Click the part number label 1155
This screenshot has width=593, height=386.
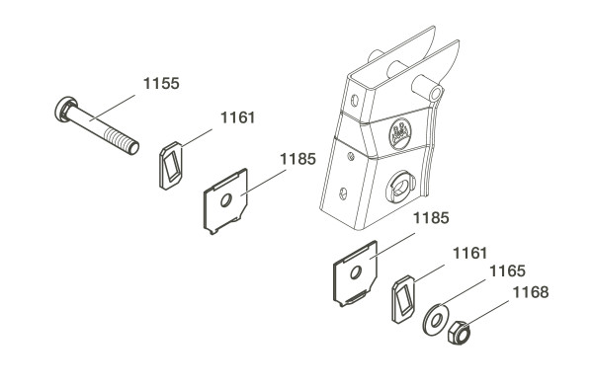point(161,84)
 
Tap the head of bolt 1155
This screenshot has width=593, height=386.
point(65,109)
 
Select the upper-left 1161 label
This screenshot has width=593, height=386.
point(237,117)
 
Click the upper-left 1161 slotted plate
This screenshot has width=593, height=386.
point(171,166)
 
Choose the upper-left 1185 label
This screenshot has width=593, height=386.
point(297,159)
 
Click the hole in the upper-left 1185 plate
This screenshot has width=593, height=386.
point(226,200)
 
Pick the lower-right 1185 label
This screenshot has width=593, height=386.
point(431,218)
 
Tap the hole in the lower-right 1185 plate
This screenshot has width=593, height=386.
point(356,271)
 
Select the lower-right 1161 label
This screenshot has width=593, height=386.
point(470,253)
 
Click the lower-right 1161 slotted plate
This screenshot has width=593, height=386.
point(403,299)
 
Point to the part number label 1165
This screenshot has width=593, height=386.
point(507,271)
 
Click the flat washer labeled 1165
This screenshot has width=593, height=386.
point(436,320)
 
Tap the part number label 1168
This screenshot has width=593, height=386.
point(530,292)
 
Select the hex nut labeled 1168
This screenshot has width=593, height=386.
point(460,333)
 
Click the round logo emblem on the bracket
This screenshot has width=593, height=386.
point(400,133)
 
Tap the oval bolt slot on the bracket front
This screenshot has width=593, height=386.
point(400,187)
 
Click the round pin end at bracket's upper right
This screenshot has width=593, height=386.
point(437,93)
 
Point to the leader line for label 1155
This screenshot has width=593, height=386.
point(113,108)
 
